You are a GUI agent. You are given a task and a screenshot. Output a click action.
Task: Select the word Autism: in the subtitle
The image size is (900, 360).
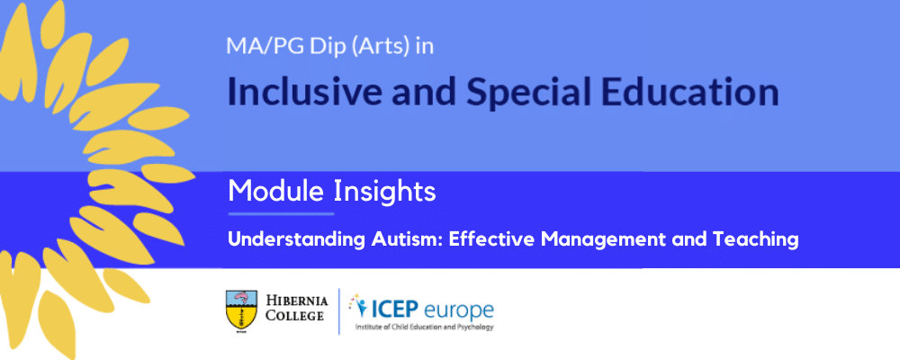pyautogui.click(x=404, y=239)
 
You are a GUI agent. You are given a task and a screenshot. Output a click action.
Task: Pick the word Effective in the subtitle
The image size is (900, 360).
pyautogui.click(x=486, y=239)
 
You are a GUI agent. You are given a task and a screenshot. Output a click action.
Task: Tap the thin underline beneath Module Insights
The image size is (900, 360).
pyautogui.click(x=281, y=214)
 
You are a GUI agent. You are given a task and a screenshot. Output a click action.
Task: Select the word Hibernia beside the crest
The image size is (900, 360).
pyautogui.click(x=297, y=301)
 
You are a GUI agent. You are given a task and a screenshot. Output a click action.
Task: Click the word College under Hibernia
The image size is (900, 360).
pyautogui.click(x=294, y=315)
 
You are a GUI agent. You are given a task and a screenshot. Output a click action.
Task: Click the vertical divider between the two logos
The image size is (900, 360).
pyautogui.click(x=339, y=310)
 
